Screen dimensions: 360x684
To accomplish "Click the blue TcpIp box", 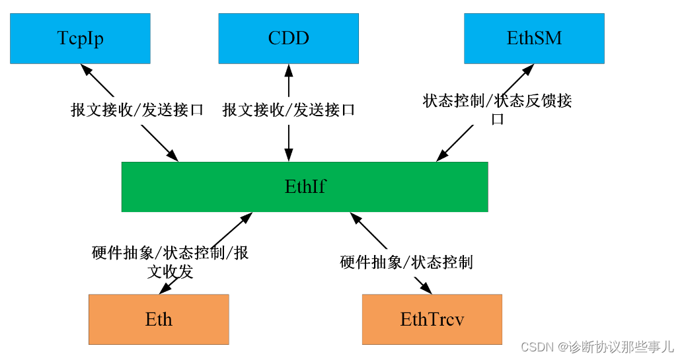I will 80,38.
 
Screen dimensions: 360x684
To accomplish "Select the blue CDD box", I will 288,38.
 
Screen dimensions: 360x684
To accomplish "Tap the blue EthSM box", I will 534,38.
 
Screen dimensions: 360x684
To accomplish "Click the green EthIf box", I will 305,187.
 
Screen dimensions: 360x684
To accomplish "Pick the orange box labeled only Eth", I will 159,320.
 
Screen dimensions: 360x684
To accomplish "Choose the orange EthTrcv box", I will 432,320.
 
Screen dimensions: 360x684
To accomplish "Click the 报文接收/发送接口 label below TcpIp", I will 137,110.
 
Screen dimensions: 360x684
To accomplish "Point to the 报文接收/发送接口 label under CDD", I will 289,110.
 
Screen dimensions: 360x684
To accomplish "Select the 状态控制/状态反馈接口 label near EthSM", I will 497,109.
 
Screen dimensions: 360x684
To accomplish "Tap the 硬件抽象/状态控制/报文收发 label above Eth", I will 170,262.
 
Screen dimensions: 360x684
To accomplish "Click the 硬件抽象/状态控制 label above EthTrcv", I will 406,262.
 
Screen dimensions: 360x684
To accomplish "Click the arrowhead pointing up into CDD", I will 288,69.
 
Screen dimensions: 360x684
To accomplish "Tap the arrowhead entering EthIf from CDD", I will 288,157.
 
